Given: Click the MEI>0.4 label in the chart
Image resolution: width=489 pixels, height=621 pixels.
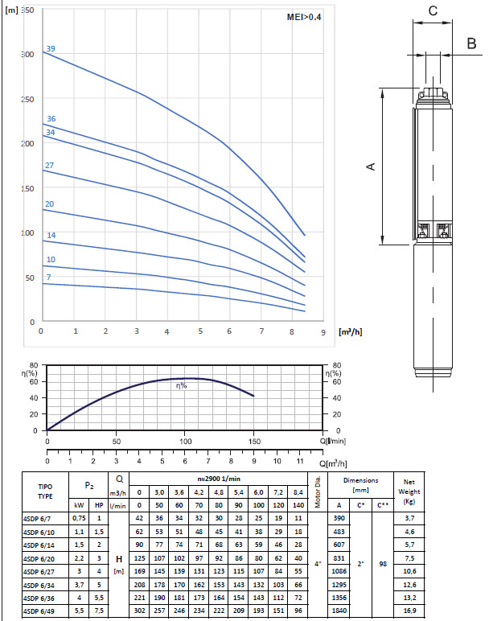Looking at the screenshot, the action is pos(304,17).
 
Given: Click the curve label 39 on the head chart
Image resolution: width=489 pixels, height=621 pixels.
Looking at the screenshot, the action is pos(51,49).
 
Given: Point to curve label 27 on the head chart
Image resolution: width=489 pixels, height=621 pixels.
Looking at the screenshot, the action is pos(49,165).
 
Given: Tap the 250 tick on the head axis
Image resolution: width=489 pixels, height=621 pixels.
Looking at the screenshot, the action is pos(27,99).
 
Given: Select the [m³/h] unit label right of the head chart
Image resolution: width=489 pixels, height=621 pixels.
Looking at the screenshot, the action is pos(351,332).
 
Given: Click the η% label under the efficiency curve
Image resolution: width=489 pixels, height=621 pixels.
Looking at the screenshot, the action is pos(181,385).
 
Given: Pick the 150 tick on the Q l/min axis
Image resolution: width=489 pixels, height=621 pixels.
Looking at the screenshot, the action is pos(254,441).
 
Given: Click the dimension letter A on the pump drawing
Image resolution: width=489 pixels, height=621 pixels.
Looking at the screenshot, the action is pos(370,167).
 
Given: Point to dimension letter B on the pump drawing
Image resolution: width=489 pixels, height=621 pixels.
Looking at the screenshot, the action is pos(471,43).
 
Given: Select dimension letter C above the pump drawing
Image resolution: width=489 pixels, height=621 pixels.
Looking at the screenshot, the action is pos(433,10).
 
